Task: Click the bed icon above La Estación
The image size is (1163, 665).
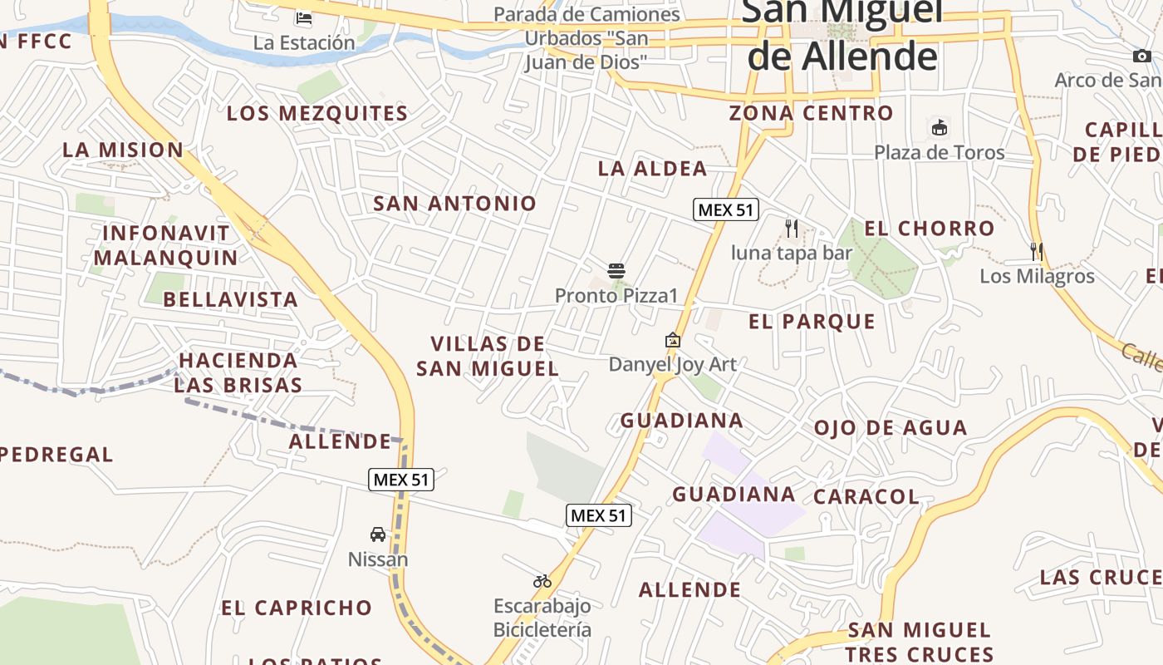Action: coord(304,17)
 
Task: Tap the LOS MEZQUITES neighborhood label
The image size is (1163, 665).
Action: coord(317,113)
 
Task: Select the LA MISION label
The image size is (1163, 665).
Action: coord(123,150)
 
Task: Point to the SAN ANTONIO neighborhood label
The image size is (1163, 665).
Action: coord(454,203)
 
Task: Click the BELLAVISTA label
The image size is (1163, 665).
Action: coord(230,299)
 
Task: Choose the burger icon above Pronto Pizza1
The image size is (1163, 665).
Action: coord(616,270)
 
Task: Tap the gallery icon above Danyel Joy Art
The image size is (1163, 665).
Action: coord(673,340)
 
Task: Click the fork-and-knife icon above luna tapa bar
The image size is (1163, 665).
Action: coord(792,228)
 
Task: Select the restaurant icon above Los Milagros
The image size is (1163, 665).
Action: coord(1037,251)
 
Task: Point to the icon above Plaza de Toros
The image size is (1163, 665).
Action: coord(940,127)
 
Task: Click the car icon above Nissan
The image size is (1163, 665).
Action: coord(378,534)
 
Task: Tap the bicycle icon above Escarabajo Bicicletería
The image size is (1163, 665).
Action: coord(542,580)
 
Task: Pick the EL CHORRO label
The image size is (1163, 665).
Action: coord(929,229)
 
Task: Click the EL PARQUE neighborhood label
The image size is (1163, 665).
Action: coord(812,322)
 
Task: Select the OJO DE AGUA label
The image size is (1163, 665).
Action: coord(890,428)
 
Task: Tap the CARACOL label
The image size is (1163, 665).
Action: coord(866,497)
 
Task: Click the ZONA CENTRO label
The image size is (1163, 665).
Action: coord(811,113)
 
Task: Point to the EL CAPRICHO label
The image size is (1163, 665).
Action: coord(297,608)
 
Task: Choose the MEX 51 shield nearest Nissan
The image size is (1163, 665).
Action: coord(401,479)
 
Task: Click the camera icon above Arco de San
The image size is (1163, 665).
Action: coord(1142,56)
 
